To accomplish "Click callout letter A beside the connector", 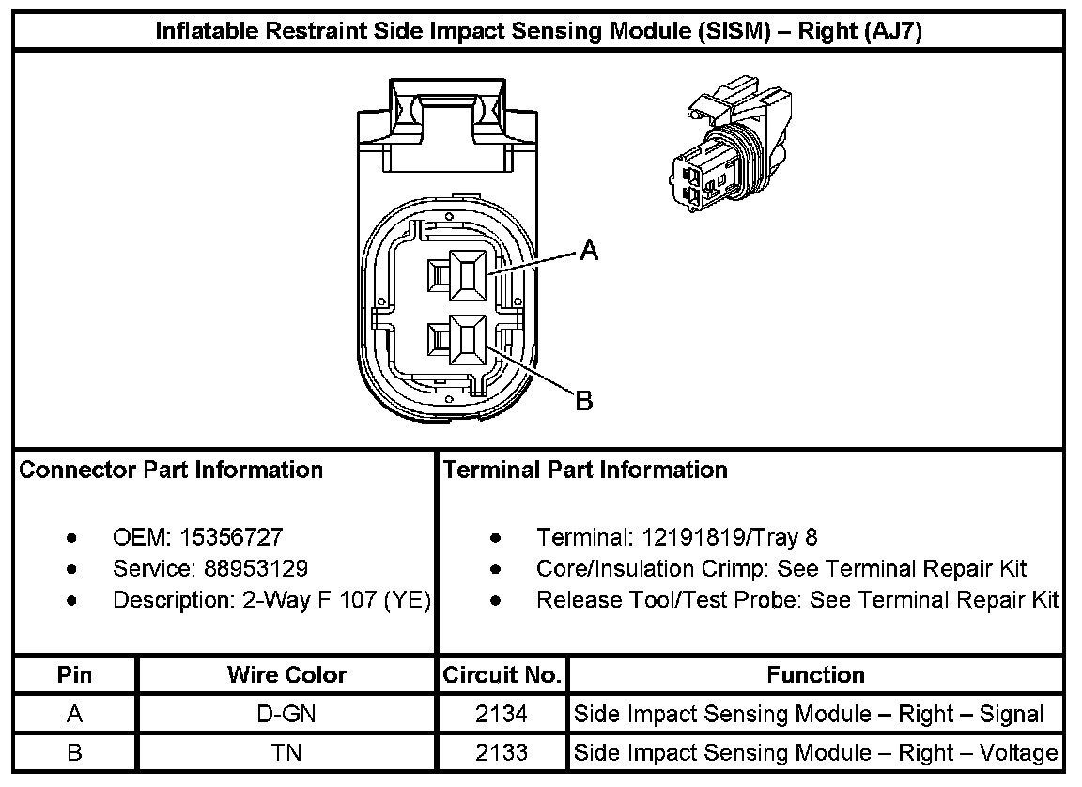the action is click(x=589, y=250).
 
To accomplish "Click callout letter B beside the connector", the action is click(x=584, y=400).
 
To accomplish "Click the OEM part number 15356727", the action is click(x=231, y=536).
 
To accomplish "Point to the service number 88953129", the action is click(x=255, y=568).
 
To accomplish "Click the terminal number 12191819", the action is click(x=693, y=536).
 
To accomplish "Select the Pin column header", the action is click(x=74, y=674).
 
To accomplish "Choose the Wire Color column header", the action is click(x=286, y=674).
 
